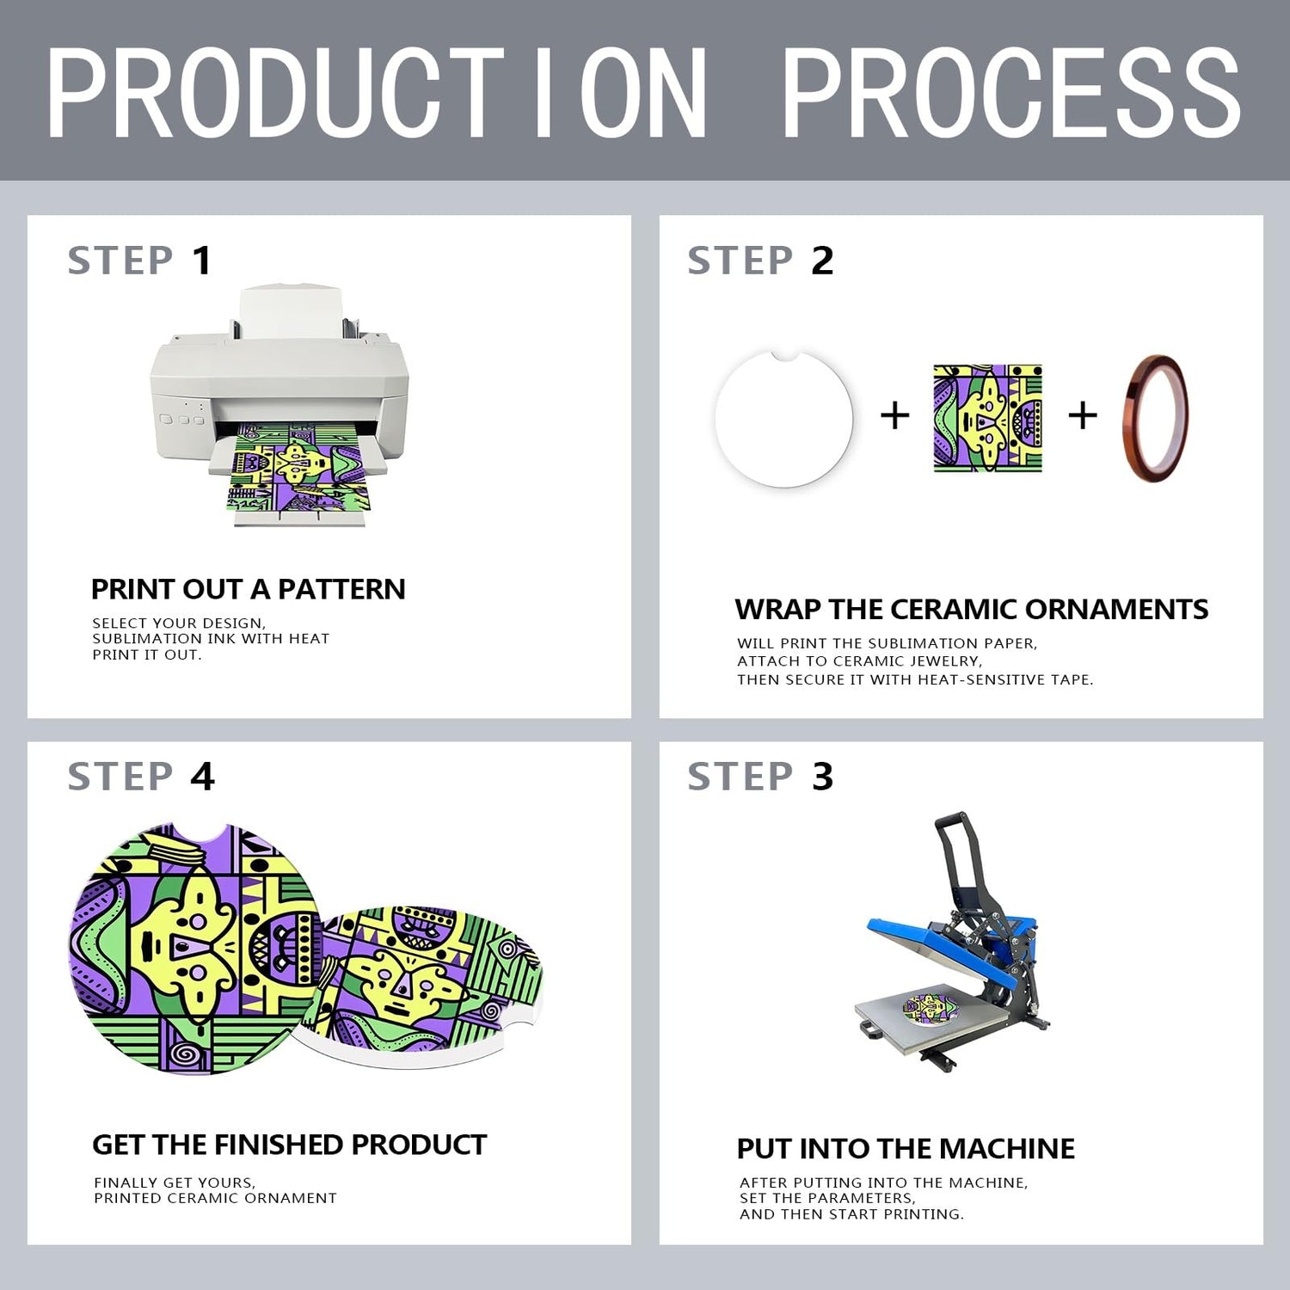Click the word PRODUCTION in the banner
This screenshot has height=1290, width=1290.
click(x=377, y=92)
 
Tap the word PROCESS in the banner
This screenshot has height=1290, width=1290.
click(x=1011, y=92)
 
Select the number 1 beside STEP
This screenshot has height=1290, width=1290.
click(x=202, y=261)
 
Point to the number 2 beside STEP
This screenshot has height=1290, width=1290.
click(x=822, y=261)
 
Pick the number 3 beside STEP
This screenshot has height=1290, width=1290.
click(x=823, y=777)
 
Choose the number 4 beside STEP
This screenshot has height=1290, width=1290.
click(x=202, y=777)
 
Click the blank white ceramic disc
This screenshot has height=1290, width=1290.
click(x=783, y=419)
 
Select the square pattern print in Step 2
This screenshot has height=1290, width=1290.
click(x=988, y=418)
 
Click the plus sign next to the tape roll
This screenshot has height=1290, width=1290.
click(x=1083, y=415)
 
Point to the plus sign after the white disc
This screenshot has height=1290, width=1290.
click(x=895, y=415)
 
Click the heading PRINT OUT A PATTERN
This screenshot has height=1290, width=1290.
click(x=248, y=589)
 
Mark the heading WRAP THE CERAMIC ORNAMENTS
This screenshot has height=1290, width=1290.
click(x=972, y=609)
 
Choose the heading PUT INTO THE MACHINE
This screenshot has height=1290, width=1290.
click(x=906, y=1148)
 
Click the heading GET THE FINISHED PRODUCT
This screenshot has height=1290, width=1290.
click(x=289, y=1145)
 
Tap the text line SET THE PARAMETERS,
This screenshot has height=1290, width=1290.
click(x=827, y=1198)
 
